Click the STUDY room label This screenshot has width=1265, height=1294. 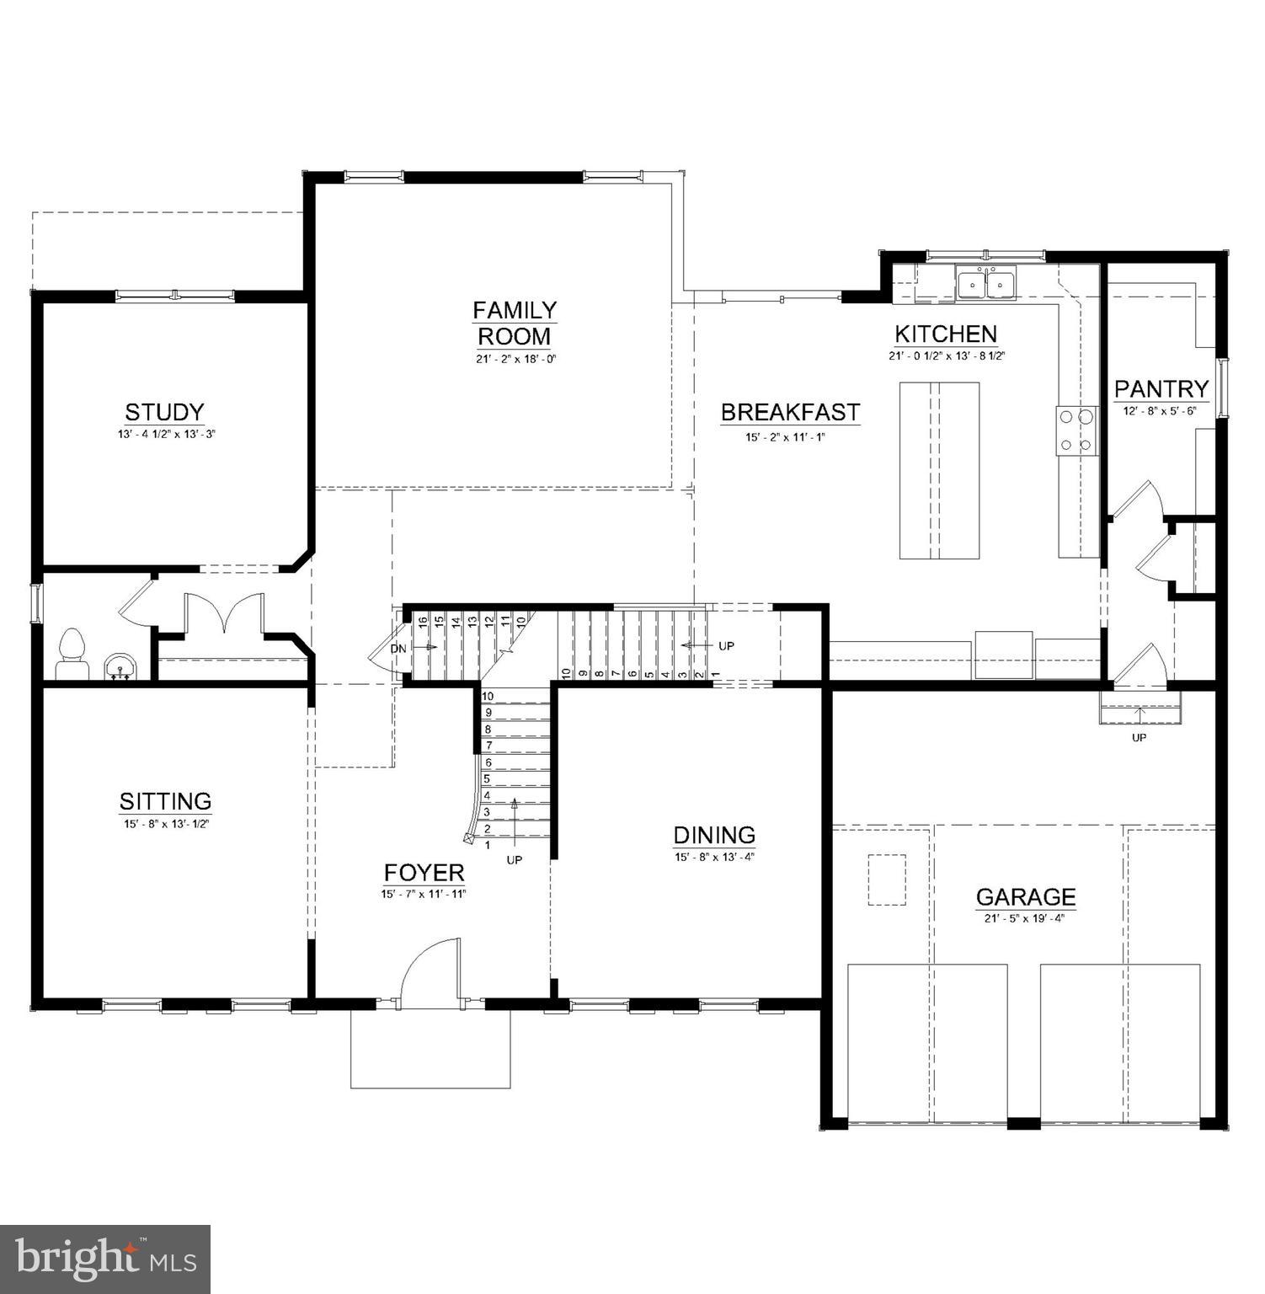164,412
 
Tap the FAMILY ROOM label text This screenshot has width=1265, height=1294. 514,323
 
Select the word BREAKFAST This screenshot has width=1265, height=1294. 790,413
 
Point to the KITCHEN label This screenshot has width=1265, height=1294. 945,334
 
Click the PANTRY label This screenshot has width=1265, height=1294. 1161,389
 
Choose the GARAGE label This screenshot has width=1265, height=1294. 1025,896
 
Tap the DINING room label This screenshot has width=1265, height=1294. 714,835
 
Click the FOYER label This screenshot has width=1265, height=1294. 424,872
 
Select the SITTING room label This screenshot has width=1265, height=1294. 165,800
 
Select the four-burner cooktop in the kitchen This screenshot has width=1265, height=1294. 1077,430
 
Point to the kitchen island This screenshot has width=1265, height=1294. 939,470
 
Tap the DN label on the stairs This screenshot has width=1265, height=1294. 398,648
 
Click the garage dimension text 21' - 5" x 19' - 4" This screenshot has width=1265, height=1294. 1024,919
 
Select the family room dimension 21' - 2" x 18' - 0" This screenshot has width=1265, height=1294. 514,359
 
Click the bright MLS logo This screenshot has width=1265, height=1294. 105,1259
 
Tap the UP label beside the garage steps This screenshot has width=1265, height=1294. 1139,738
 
